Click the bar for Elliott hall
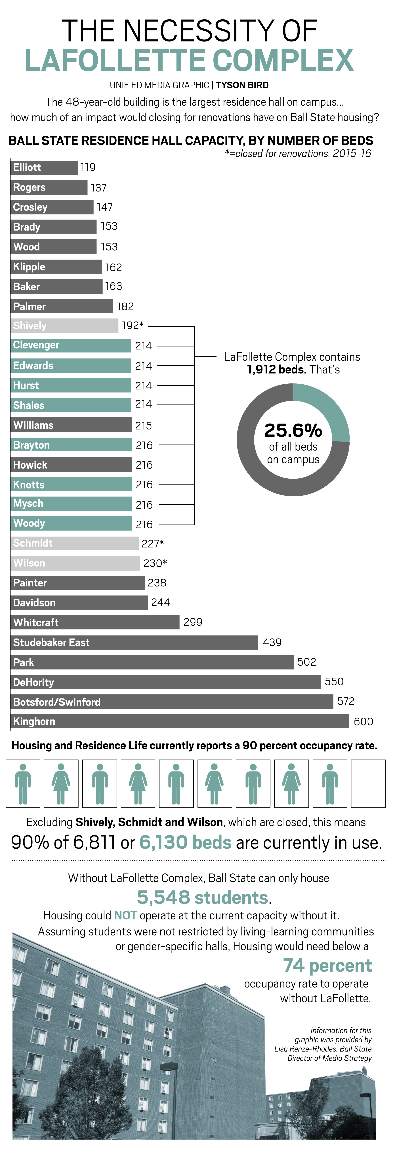pyautogui.click(x=44, y=168)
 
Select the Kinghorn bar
pyautogui.click(x=179, y=721)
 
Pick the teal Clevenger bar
pyautogui.click(x=71, y=345)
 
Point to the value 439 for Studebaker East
pyautogui.click(x=272, y=642)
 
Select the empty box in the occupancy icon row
pyautogui.click(x=368, y=784)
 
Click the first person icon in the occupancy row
pyautogui.click(x=23, y=784)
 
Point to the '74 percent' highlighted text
pyautogui.click(x=327, y=965)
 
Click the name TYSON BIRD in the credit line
pyautogui.click(x=242, y=85)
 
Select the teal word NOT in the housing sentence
pyautogui.click(x=125, y=915)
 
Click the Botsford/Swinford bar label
pyautogui.click(x=57, y=702)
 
